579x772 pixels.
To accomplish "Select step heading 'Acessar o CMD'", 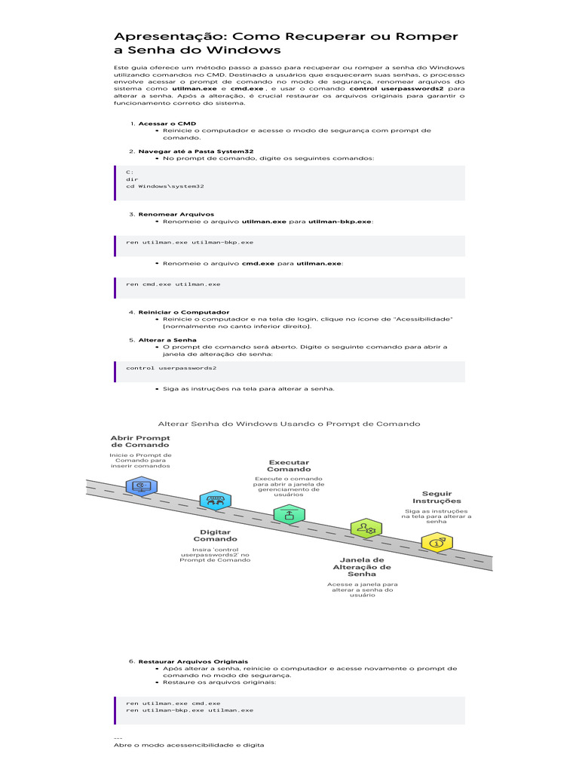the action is (x=167, y=124).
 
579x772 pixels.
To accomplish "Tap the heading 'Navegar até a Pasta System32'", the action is (x=196, y=151).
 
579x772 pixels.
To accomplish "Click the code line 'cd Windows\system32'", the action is (x=165, y=186).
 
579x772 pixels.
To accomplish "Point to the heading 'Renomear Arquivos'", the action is (x=176, y=214).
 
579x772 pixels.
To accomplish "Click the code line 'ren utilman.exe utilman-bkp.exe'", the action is (x=189, y=242).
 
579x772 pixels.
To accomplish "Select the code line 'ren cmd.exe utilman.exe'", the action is (x=173, y=284).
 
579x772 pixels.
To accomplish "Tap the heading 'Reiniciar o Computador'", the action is (x=184, y=312).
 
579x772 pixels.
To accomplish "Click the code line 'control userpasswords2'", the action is (x=171, y=368).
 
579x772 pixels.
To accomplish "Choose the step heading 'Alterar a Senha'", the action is (x=167, y=340).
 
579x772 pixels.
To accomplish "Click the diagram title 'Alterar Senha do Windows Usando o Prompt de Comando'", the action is (x=289, y=424).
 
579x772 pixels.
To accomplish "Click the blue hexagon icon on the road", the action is (x=141, y=486).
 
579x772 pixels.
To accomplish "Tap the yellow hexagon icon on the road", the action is (x=437, y=543).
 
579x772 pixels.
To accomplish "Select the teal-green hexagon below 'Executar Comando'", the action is (x=289, y=515).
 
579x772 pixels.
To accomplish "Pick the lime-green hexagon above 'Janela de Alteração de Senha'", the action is (x=366, y=528).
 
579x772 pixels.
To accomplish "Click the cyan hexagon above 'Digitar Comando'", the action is (x=215, y=501).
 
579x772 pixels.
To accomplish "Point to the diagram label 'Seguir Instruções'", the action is (x=437, y=498).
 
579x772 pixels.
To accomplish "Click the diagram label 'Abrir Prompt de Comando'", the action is (x=140, y=441).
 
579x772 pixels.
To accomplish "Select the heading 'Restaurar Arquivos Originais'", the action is (x=193, y=661).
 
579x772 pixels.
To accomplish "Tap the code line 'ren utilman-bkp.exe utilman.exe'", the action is (x=189, y=710).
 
